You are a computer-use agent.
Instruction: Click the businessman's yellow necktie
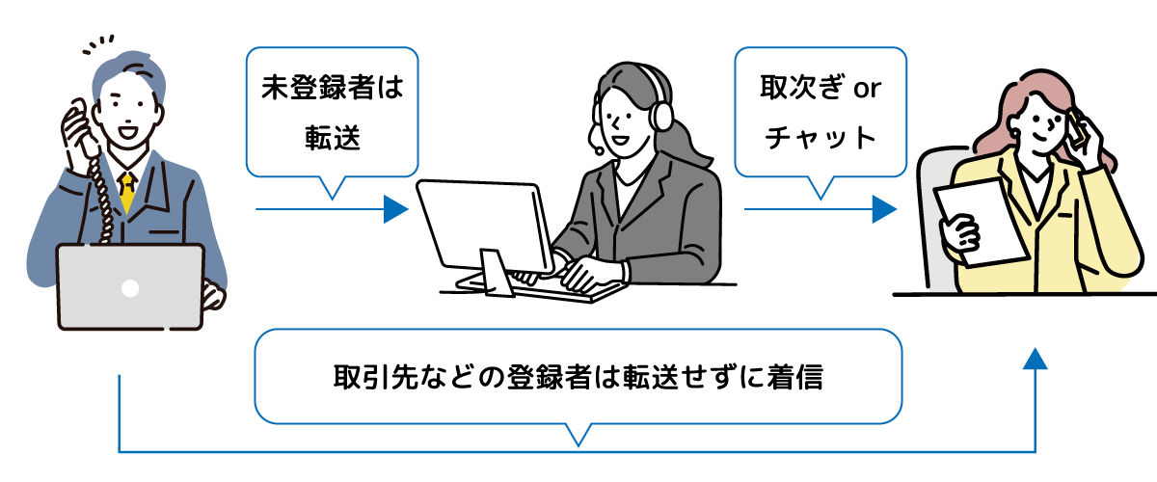(x=126, y=192)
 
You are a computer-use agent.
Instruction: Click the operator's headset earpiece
(x=662, y=116)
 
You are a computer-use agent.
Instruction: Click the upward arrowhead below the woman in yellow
(x=1035, y=360)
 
